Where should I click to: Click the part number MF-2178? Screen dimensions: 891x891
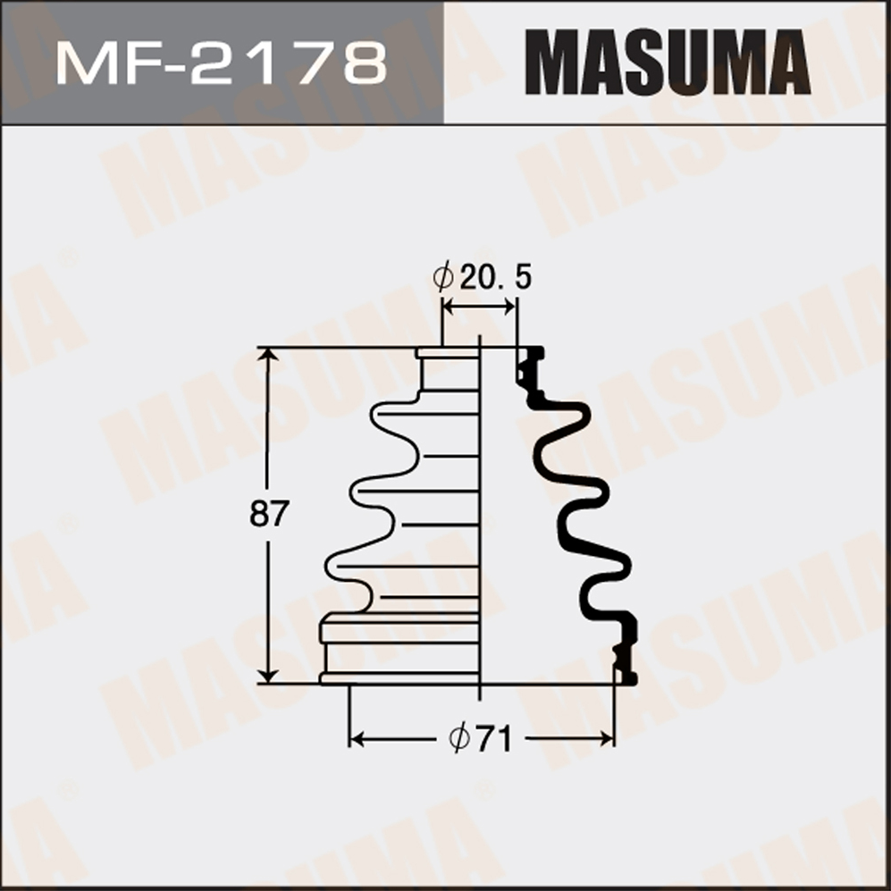pos(222,63)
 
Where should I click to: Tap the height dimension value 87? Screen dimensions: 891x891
pos(269,513)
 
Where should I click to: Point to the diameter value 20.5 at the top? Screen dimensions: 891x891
pos(495,277)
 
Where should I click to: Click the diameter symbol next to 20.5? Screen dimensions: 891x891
pos(443,277)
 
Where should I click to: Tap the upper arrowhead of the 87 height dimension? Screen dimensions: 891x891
pos(267,355)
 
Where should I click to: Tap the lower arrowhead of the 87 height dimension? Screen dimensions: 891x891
pos(267,675)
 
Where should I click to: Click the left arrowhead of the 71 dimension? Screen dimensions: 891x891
pos(357,739)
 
